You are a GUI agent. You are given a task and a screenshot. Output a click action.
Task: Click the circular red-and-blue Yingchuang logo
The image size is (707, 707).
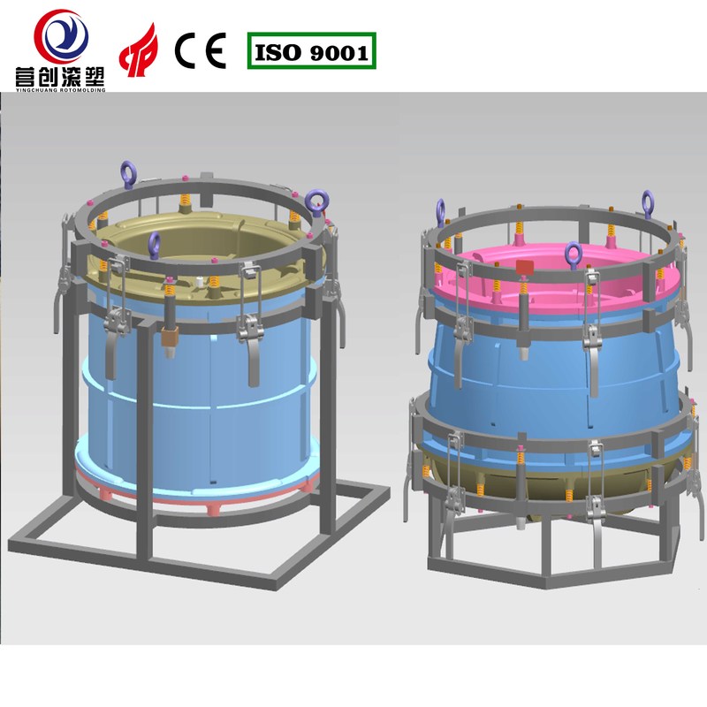click(61, 36)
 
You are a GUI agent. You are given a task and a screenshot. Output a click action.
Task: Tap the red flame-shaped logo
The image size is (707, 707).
click(139, 50)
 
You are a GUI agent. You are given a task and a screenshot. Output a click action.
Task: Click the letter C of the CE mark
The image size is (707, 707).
click(186, 50)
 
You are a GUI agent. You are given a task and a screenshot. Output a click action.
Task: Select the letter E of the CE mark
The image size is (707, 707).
click(216, 50)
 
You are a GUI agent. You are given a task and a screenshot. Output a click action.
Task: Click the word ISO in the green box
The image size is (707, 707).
click(277, 52)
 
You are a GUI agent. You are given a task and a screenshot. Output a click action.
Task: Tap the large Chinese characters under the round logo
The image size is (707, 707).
click(60, 76)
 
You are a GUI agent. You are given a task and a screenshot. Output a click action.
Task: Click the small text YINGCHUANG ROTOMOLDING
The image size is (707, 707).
click(60, 90)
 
